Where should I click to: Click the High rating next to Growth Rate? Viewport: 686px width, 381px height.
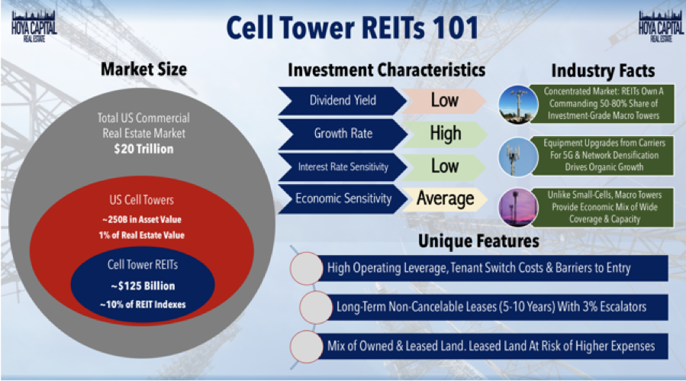445,134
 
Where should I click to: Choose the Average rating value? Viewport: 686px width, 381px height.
445,199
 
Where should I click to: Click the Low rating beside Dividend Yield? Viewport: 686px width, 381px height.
445,101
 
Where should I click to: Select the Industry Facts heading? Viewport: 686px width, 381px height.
603,71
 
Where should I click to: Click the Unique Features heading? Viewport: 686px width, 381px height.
478,241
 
